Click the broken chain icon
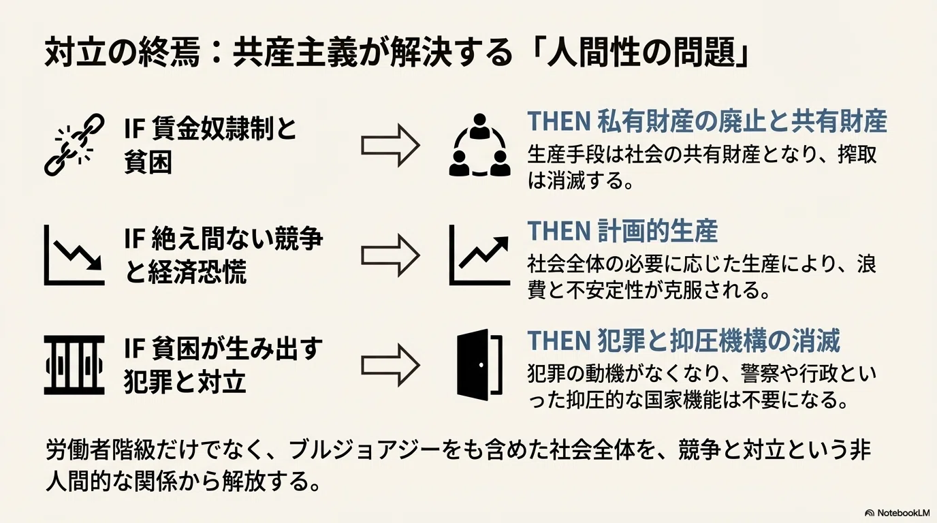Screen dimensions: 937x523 point(74,144)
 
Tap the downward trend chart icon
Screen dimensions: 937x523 point(74,255)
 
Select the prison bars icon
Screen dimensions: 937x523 point(74,365)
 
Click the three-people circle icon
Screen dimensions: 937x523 point(479,145)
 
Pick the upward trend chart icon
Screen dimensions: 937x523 point(479,255)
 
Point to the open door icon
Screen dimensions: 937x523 point(479,365)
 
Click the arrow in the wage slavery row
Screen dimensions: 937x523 point(390,145)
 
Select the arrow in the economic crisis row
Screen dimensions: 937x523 point(390,255)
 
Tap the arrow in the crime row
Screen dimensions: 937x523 point(390,365)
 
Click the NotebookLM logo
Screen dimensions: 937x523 point(897,513)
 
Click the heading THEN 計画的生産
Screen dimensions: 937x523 point(622,231)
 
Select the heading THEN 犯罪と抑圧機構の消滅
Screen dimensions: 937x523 point(684,341)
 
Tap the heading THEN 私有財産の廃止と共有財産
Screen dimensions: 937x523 point(707,121)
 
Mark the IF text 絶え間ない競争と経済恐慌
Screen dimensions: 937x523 point(224,255)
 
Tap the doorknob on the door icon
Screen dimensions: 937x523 point(481,365)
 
